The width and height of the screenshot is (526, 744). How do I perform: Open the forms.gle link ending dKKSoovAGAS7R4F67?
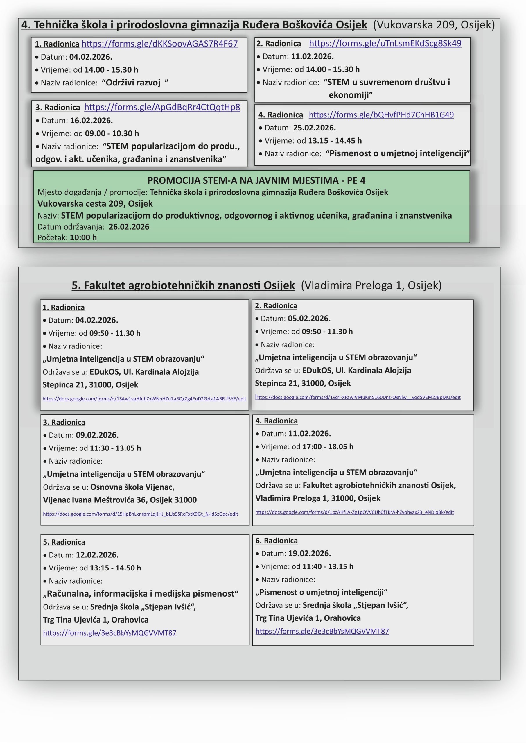(x=159, y=44)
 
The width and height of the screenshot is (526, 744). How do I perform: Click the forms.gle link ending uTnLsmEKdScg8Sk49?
(x=385, y=43)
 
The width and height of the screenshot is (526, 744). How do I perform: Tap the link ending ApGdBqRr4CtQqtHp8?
(x=162, y=107)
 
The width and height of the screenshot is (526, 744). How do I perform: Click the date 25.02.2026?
(x=314, y=128)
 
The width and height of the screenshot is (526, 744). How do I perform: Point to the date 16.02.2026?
(x=91, y=121)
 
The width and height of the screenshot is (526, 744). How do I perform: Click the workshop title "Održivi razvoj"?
(x=133, y=83)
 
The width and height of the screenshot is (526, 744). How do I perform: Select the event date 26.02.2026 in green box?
(x=129, y=226)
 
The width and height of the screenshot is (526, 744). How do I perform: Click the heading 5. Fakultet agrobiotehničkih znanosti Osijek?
(x=183, y=285)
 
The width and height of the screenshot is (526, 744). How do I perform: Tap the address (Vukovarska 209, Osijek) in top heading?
(x=434, y=25)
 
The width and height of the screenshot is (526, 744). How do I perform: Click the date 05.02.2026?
(x=309, y=319)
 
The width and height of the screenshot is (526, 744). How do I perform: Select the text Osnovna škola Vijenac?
(x=132, y=487)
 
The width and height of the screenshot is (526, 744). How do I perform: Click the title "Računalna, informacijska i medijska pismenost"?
(x=141, y=594)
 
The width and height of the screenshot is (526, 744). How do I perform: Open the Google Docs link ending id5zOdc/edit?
(x=140, y=514)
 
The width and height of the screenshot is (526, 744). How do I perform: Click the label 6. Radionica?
(x=276, y=541)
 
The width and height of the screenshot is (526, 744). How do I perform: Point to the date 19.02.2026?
(x=309, y=553)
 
